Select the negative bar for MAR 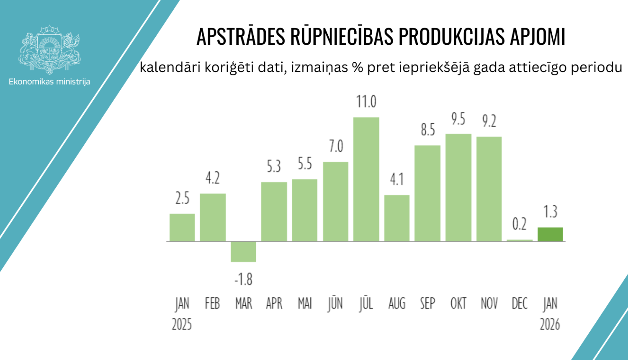(x=243, y=252)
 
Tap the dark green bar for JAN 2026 (x=550, y=234)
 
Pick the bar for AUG (x=397, y=218)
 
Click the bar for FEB (x=213, y=217)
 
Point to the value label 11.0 (x=366, y=102)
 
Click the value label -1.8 (x=243, y=279)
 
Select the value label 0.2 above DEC (x=520, y=224)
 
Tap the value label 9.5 (x=458, y=119)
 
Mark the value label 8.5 (x=427, y=130)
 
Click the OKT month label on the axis (x=458, y=303)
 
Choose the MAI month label (x=305, y=303)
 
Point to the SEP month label (x=427, y=303)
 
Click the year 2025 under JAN (x=182, y=324)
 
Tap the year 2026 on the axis (x=550, y=324)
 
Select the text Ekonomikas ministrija (x=49, y=82)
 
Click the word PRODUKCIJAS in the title (x=451, y=37)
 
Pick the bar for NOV (x=489, y=189)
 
